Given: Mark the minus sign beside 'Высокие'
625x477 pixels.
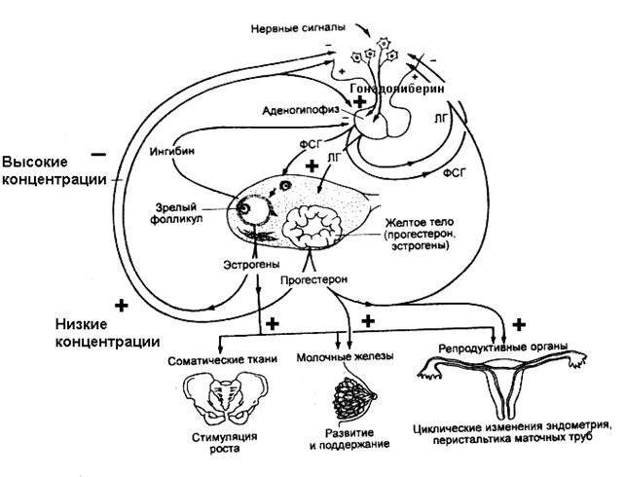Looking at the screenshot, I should click(x=97, y=153).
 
